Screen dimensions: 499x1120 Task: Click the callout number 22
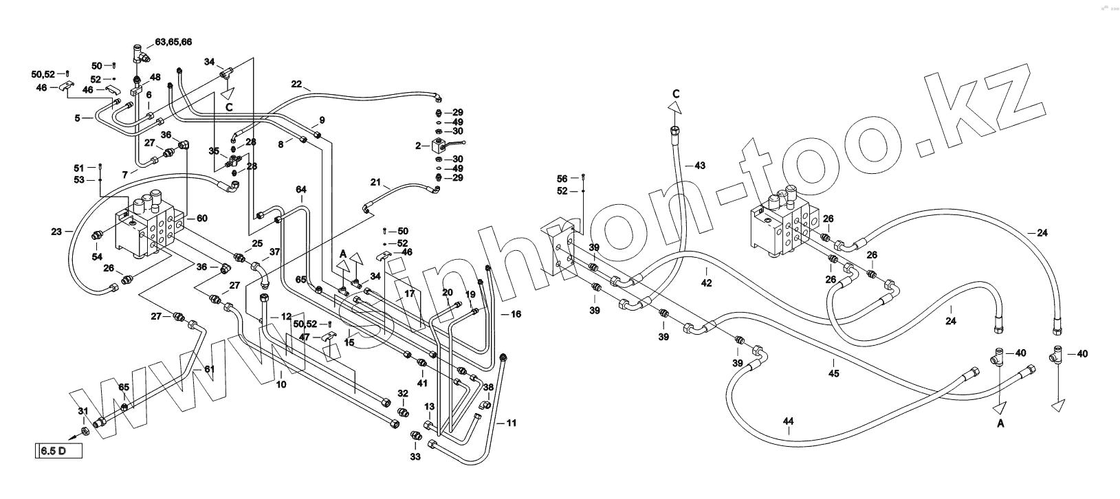point(296,85)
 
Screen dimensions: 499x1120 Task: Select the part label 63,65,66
point(173,42)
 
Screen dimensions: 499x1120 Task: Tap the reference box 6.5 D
point(58,452)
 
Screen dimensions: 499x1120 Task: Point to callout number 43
point(700,166)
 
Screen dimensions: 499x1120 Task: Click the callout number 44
point(788,421)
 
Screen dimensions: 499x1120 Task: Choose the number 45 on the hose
point(833,373)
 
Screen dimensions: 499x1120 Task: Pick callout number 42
point(707,282)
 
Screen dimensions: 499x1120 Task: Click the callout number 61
point(209,369)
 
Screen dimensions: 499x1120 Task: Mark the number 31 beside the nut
point(83,411)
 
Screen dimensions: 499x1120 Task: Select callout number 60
point(202,219)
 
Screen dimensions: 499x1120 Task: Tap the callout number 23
point(57,232)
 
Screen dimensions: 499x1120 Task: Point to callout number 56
point(562,179)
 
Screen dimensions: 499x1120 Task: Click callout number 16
point(516,314)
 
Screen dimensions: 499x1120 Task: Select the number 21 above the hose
point(375,182)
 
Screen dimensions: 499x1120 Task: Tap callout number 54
point(97,256)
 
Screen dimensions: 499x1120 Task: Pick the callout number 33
point(415,456)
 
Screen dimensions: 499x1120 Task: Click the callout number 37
point(274,252)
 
